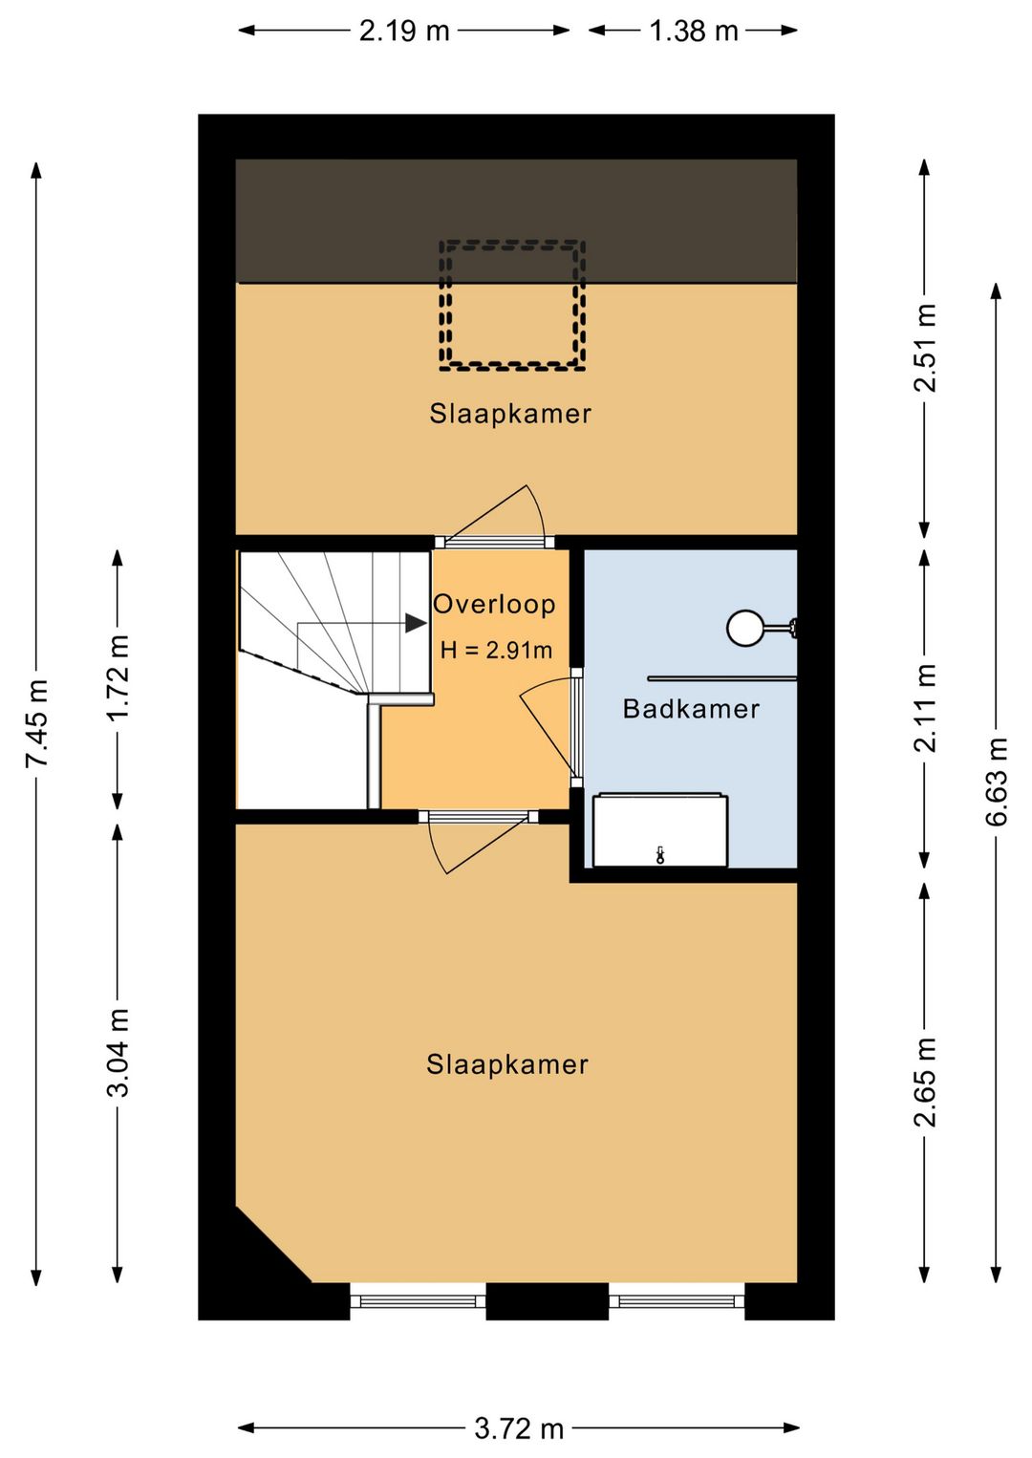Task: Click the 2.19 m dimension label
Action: [x=404, y=31]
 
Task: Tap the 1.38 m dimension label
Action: [x=694, y=31]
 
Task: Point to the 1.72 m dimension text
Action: [x=118, y=676]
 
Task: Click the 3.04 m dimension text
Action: [x=118, y=1053]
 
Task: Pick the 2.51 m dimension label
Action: [x=925, y=348]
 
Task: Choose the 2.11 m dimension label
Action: [x=925, y=708]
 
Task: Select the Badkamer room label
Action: [x=691, y=710]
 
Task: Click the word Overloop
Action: [x=494, y=605]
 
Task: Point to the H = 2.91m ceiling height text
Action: [x=496, y=650]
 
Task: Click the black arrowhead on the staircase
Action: [x=416, y=623]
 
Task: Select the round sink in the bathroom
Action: [x=745, y=628]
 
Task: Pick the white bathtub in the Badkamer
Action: [x=659, y=830]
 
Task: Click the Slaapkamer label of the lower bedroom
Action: [x=507, y=1064]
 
